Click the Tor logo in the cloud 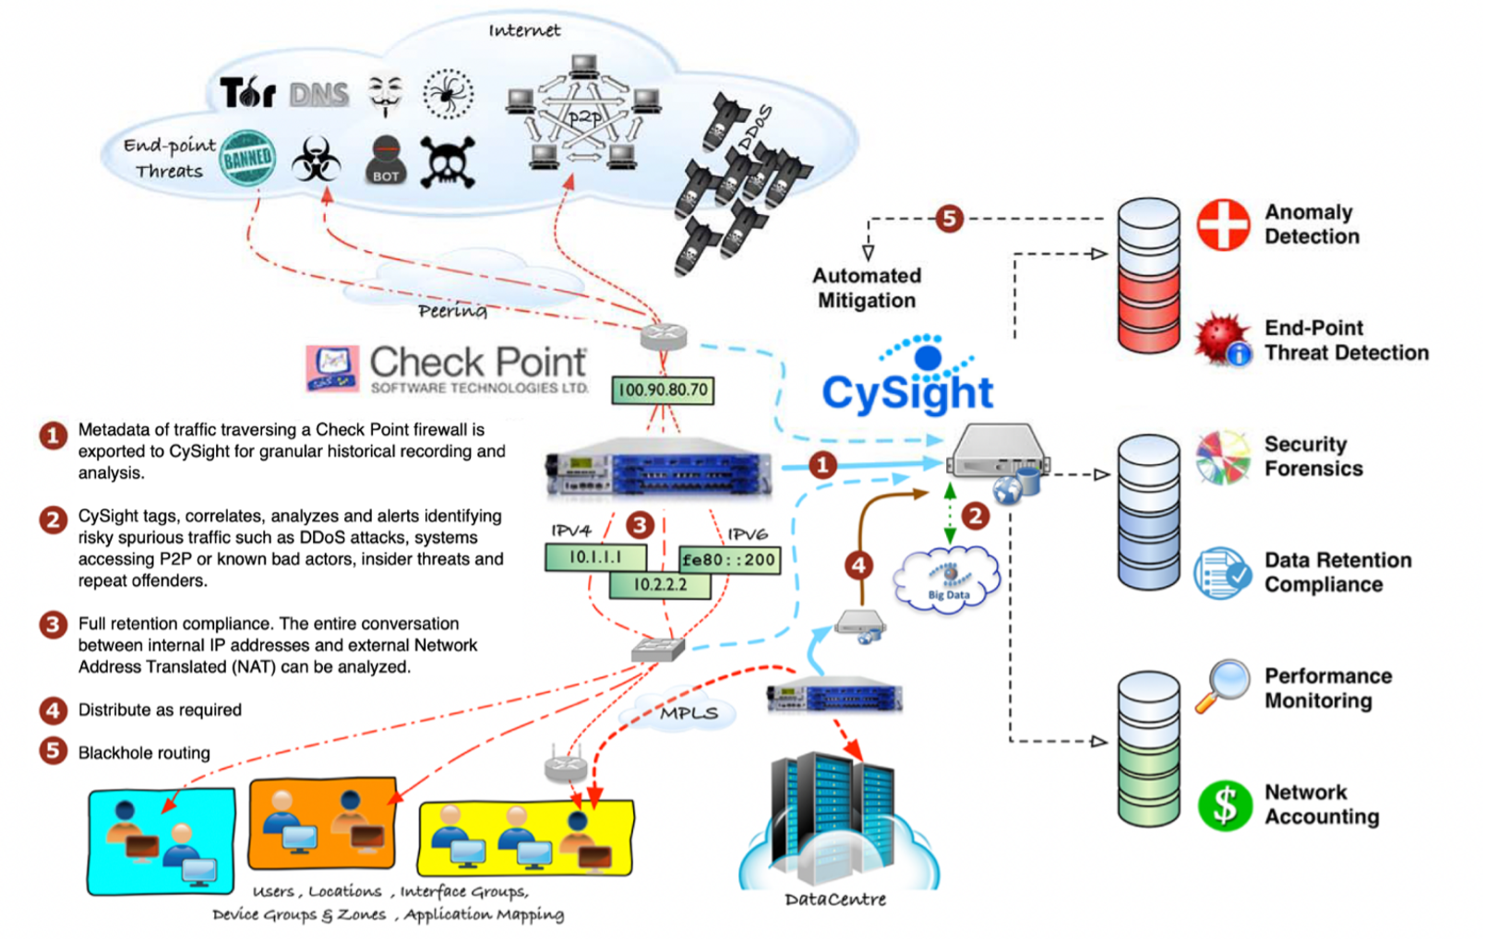click(247, 92)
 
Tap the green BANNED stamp click(247, 159)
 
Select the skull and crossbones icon click(448, 162)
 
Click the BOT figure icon click(386, 161)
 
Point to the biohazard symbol click(316, 161)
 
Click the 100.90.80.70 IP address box click(663, 389)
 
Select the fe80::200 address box click(729, 559)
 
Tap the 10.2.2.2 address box click(660, 585)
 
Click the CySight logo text click(907, 391)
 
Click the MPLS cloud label click(689, 712)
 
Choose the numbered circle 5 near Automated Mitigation click(949, 219)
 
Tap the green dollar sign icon click(1225, 805)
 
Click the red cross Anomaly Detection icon click(1223, 224)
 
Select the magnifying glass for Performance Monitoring click(1222, 686)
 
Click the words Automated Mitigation click(866, 288)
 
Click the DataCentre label click(834, 899)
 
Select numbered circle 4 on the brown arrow click(858, 565)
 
